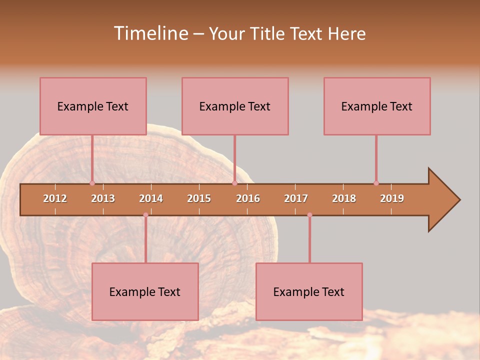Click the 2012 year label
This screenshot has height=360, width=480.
[55, 198]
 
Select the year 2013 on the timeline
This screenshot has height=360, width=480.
[103, 198]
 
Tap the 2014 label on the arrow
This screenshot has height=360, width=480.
[151, 198]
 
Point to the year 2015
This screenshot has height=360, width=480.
[199, 198]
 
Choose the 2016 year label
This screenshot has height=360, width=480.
[248, 198]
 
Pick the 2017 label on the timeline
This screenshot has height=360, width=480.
[296, 198]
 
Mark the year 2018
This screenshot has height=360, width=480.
[344, 198]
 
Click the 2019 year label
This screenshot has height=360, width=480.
[392, 198]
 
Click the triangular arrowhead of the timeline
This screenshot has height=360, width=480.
[443, 200]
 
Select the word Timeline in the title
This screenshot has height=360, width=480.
[150, 33]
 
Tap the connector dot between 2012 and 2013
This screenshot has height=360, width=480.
[92, 183]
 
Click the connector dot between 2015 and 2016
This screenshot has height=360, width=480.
[234, 183]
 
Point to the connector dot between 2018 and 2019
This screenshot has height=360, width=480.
[376, 183]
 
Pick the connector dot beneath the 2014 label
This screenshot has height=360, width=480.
[145, 215]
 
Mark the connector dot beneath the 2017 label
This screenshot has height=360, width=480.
[309, 215]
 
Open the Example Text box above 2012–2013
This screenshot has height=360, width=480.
[93, 106]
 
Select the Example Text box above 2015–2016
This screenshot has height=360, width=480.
[235, 106]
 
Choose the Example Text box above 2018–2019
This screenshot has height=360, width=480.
[377, 106]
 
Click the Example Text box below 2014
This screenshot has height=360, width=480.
[145, 291]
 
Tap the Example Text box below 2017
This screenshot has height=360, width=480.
[309, 291]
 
